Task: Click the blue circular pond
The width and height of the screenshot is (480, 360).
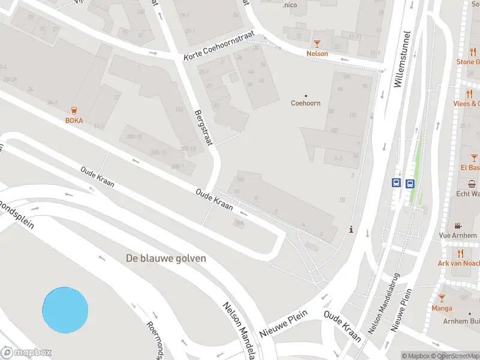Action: pos(65,310)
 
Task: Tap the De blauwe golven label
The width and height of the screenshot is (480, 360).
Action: pos(166,258)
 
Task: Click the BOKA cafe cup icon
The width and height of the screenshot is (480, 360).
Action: pos(74,110)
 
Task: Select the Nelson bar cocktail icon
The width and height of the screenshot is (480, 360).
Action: pos(317,43)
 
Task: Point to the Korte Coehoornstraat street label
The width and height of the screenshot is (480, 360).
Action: pos(219,47)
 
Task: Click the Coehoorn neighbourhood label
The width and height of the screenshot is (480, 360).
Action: pos(306,103)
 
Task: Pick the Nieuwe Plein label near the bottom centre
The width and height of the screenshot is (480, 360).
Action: pos(284,323)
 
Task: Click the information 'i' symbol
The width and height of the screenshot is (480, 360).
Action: pos(351,229)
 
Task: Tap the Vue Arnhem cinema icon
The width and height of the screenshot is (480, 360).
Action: pos(458,226)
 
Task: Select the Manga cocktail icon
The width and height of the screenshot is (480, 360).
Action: pos(442,298)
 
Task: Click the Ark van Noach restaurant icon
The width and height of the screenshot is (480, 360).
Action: pos(458,253)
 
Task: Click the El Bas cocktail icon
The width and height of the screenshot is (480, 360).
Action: pos(474,158)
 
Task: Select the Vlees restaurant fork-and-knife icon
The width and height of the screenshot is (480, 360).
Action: pos(469,94)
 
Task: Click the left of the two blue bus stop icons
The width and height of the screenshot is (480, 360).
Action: pos(396,184)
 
